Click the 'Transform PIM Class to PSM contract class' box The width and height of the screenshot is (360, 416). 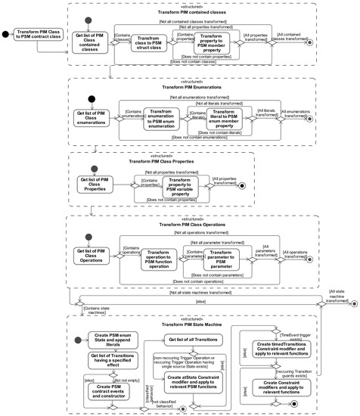(39, 34)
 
